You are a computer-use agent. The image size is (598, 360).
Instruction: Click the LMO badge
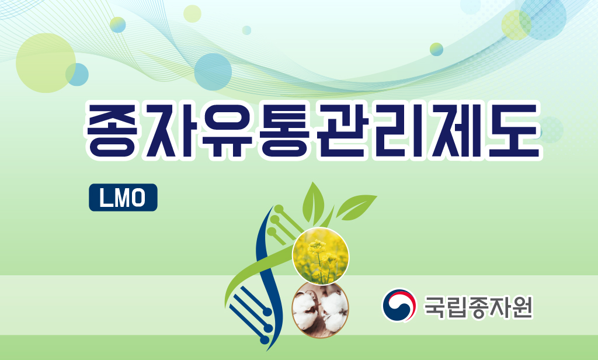coord(123,198)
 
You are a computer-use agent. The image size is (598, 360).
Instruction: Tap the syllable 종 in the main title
coord(112,130)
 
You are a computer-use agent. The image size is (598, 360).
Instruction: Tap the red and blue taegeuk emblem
coord(399,305)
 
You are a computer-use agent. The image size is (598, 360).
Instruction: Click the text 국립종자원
coord(478,306)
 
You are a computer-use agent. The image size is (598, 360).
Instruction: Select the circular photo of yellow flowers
coord(321,255)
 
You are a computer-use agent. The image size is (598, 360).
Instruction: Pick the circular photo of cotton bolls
coord(321,310)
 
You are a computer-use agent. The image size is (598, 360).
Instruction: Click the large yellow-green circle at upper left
coord(46,63)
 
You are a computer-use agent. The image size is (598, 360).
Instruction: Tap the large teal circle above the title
coord(213,72)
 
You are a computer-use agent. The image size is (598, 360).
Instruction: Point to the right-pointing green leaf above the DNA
coord(356,207)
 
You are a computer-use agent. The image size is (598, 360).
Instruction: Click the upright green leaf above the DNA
coord(313,202)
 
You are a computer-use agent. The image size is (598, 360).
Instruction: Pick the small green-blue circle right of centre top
coord(436,49)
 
